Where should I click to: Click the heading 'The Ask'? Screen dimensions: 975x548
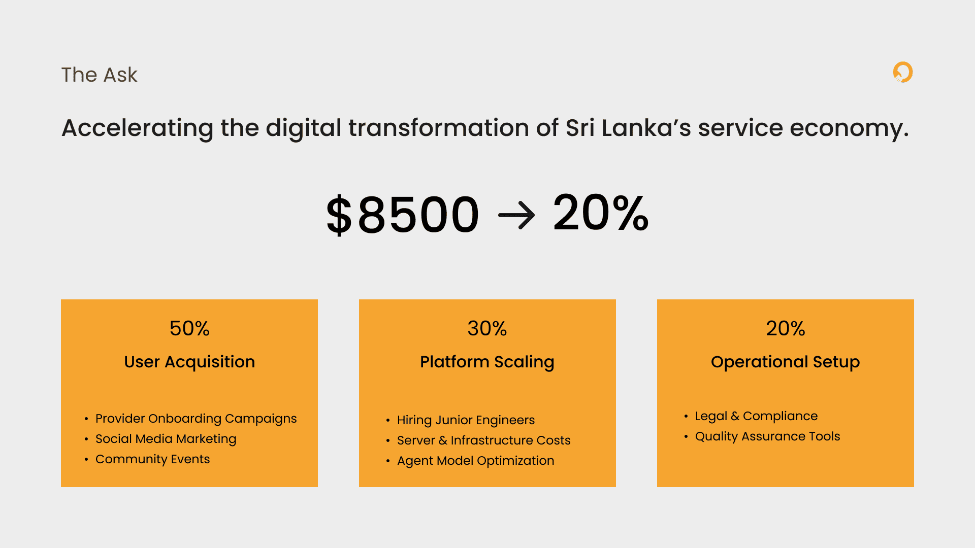(100, 75)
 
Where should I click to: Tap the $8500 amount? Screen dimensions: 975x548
(403, 215)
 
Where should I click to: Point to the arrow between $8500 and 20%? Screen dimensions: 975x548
(516, 215)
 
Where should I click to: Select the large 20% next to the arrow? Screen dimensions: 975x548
(601, 213)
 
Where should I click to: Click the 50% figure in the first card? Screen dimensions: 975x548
(189, 328)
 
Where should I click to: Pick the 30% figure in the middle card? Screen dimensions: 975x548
(487, 328)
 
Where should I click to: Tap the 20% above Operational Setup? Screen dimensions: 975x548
(786, 328)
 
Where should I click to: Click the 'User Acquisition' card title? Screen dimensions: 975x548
(189, 362)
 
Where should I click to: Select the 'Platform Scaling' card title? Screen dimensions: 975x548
(487, 362)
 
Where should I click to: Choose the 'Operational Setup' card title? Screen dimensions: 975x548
(786, 362)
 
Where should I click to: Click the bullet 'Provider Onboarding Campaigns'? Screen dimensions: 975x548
(196, 419)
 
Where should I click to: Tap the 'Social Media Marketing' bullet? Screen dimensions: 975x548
(166, 439)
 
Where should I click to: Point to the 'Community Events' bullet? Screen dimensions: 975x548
(152, 459)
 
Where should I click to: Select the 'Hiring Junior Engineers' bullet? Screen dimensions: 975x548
(466, 420)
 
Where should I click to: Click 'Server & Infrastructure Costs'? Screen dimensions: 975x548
(484, 440)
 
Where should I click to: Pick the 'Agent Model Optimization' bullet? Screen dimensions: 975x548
(476, 461)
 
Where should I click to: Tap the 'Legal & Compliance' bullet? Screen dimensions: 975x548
(756, 416)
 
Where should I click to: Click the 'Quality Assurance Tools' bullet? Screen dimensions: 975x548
(767, 436)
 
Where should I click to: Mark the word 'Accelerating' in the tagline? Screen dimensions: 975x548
(138, 128)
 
